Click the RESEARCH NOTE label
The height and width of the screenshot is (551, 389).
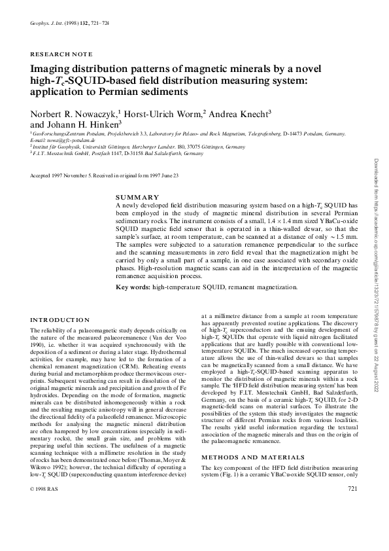pyautogui.click(x=61, y=54)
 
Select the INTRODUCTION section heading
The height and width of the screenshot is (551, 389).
pyautogui.click(x=61, y=320)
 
